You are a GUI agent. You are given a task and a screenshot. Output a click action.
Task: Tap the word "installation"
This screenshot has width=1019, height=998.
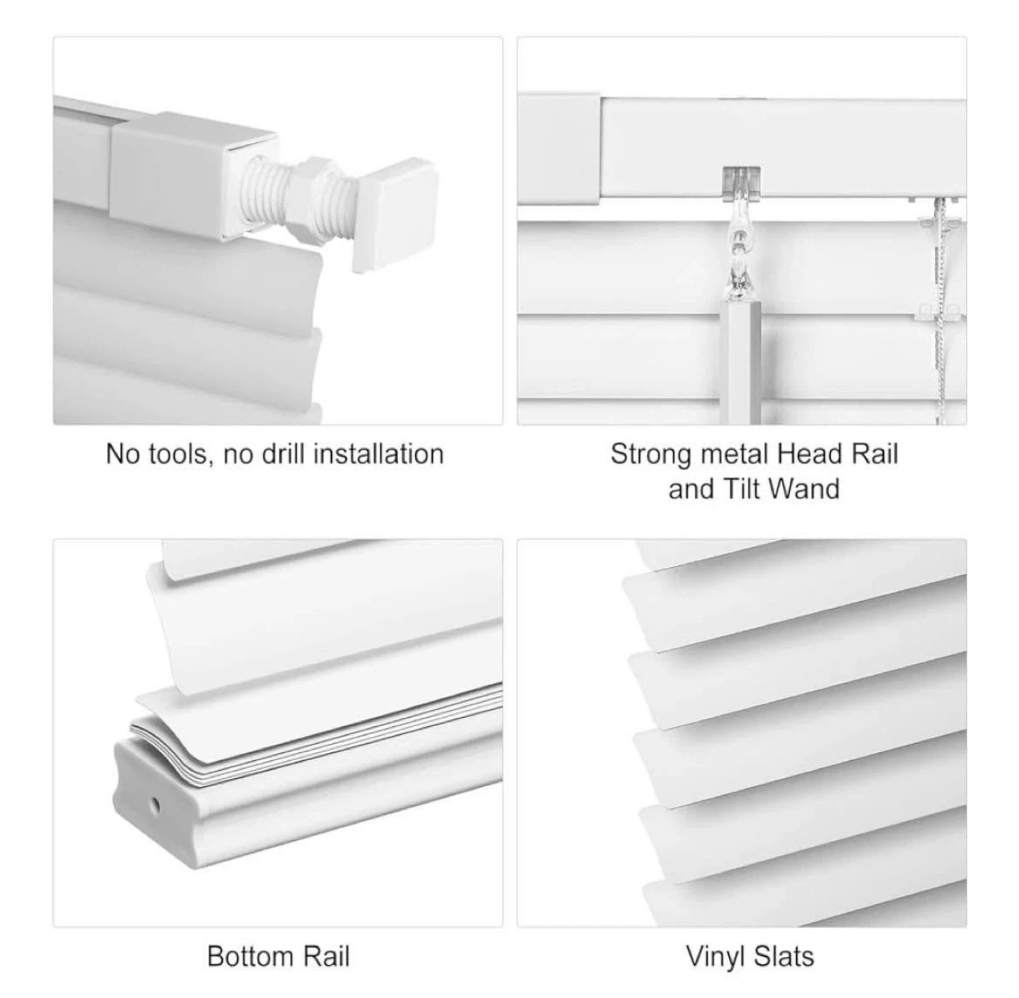[379, 454]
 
